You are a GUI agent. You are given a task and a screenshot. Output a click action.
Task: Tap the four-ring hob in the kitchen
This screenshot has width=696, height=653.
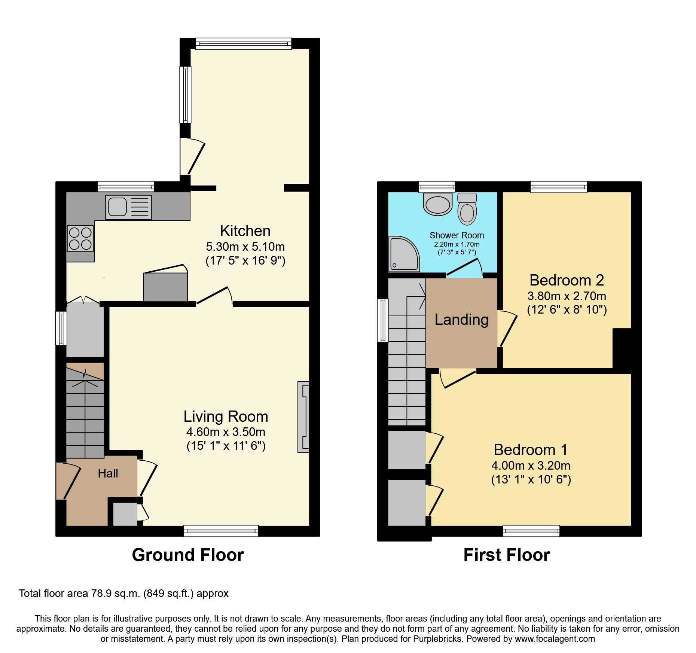(x=80, y=239)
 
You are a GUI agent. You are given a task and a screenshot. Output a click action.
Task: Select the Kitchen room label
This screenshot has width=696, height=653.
(x=245, y=231)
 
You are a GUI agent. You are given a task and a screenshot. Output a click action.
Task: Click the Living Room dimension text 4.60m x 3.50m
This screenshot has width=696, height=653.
(x=226, y=432)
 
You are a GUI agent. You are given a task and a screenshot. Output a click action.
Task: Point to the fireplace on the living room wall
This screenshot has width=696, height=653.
(x=303, y=416)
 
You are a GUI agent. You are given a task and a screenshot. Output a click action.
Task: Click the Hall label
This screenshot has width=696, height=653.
(x=108, y=473)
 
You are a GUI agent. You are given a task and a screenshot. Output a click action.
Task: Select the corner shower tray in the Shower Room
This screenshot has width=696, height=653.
(x=404, y=253)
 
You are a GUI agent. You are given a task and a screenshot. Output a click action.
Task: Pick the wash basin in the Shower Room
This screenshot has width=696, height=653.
(x=438, y=204)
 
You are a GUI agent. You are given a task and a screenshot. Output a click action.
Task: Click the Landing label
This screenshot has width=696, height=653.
(x=461, y=320)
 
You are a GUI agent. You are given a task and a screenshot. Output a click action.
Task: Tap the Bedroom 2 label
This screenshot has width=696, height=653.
(x=567, y=280)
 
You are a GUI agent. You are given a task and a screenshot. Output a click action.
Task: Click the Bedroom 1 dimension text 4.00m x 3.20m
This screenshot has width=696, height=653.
(x=531, y=466)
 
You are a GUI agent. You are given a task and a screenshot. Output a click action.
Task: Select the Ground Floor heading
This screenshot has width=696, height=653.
(x=187, y=555)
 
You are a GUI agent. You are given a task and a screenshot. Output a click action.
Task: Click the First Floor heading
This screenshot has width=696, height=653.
(x=506, y=555)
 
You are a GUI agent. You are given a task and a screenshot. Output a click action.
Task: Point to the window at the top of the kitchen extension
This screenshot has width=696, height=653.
(x=243, y=43)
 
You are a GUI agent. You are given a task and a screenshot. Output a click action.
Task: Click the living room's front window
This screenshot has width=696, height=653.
(x=221, y=531)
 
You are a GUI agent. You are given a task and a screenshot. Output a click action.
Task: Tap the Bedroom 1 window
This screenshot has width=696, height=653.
(x=531, y=531)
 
